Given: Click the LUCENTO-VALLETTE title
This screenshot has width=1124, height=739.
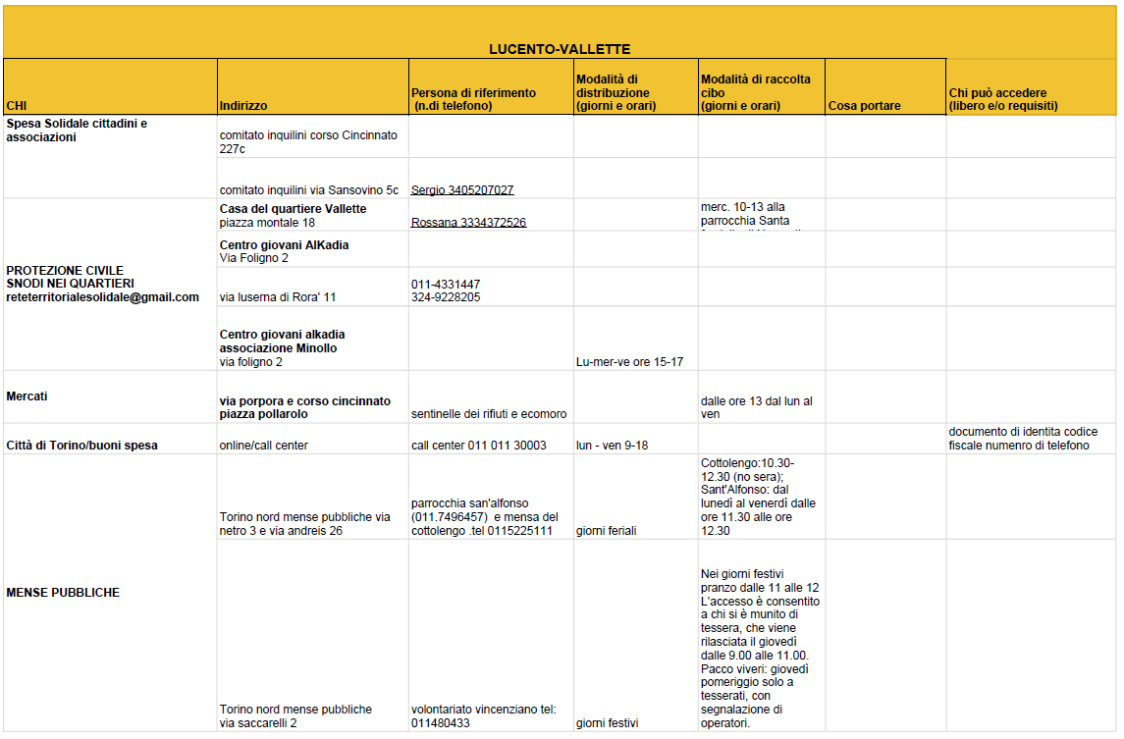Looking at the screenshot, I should [560, 49].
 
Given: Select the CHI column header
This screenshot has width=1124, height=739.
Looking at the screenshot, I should [17, 106].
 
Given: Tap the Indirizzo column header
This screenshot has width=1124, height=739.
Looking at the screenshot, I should [243, 106].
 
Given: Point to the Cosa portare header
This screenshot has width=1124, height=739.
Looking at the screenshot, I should [864, 106].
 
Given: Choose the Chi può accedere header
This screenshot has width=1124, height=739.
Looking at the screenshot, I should [1002, 99].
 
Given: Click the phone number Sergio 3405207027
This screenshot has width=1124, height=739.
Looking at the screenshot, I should [462, 190].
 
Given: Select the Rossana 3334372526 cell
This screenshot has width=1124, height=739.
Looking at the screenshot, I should [468, 223].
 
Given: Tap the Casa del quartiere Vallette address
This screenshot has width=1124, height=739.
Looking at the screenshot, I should [293, 216].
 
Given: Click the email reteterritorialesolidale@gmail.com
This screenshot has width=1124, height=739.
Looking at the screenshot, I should [102, 297].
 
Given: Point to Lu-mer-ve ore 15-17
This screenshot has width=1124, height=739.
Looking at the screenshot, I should [629, 362].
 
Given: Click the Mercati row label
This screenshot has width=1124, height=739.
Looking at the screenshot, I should [27, 396].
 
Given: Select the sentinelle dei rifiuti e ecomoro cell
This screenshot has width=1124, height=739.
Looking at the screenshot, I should [488, 414].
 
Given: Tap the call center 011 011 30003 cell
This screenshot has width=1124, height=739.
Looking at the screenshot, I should [478, 446].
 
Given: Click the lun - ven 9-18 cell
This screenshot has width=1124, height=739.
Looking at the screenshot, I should [612, 446].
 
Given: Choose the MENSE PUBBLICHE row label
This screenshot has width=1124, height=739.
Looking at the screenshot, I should [63, 593].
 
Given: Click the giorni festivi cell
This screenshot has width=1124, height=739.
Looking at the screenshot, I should [607, 723].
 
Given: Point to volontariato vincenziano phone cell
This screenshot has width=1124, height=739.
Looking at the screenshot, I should [484, 716].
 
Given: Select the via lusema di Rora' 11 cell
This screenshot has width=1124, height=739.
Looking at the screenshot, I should [278, 297].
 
